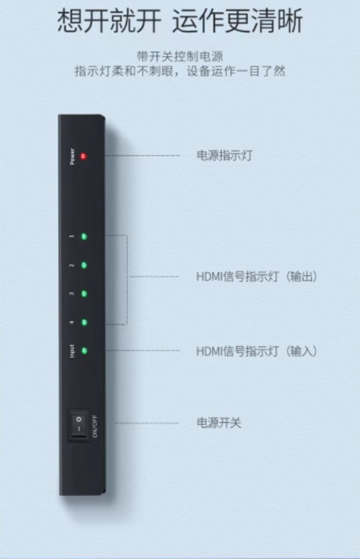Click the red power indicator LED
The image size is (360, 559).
[x=83, y=156]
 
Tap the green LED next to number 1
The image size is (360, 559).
[x=84, y=237]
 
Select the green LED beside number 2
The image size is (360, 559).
[x=84, y=265]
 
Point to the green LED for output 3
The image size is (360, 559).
[x=84, y=293]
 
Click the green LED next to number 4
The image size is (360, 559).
[x=84, y=322]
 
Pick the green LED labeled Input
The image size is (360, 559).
[x=84, y=351]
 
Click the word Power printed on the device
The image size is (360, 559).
[x=72, y=156]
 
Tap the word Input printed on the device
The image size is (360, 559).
[x=72, y=351]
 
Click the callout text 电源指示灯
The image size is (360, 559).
[x=224, y=155]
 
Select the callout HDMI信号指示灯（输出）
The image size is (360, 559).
[x=257, y=277]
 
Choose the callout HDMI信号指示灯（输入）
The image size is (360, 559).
[x=257, y=351]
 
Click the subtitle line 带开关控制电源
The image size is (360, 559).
[x=180, y=57]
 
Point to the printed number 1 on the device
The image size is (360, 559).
[x=72, y=237]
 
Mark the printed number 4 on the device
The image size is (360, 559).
[x=72, y=322]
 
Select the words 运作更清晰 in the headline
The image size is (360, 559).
[x=237, y=21]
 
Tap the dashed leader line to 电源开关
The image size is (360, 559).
[x=146, y=423]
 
